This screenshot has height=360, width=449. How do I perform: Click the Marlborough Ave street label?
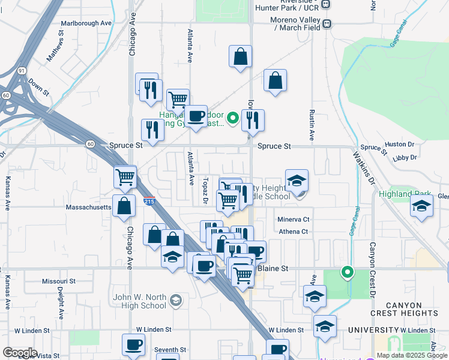coord(86,23)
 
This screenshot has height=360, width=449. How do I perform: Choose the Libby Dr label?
coord(405,157)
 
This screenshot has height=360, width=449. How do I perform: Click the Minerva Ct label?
coord(293,220)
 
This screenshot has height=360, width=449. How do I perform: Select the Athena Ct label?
coord(292,232)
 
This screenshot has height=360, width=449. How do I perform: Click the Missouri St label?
coord(58,281)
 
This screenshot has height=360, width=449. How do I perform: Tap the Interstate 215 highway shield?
coord(149,200)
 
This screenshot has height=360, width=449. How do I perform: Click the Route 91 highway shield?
coord(22,71)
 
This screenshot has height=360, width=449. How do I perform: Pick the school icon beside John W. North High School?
coord(175,300)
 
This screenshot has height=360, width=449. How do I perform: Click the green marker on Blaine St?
coord(347,272)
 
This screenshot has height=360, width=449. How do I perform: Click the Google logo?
coord(20,353)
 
